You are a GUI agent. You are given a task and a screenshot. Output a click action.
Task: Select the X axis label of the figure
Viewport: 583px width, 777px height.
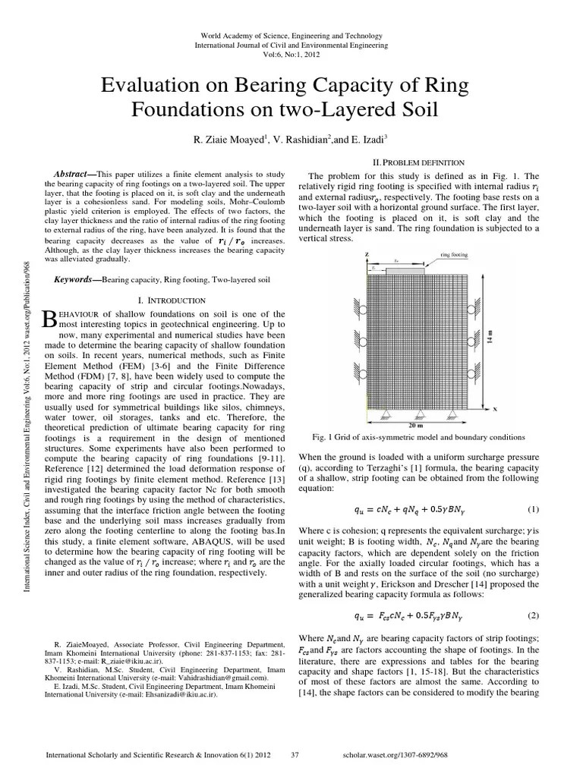(x=495, y=407)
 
